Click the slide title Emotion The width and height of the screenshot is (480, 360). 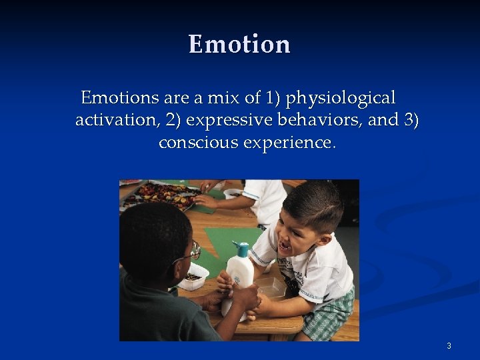pos(239,45)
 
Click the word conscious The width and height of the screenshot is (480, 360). pos(198,142)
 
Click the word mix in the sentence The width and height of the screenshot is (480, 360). pos(226,98)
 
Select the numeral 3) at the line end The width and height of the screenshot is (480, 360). pos(411,120)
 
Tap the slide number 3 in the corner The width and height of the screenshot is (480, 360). pos(449,345)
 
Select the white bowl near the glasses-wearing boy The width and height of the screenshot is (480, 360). pos(193,276)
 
